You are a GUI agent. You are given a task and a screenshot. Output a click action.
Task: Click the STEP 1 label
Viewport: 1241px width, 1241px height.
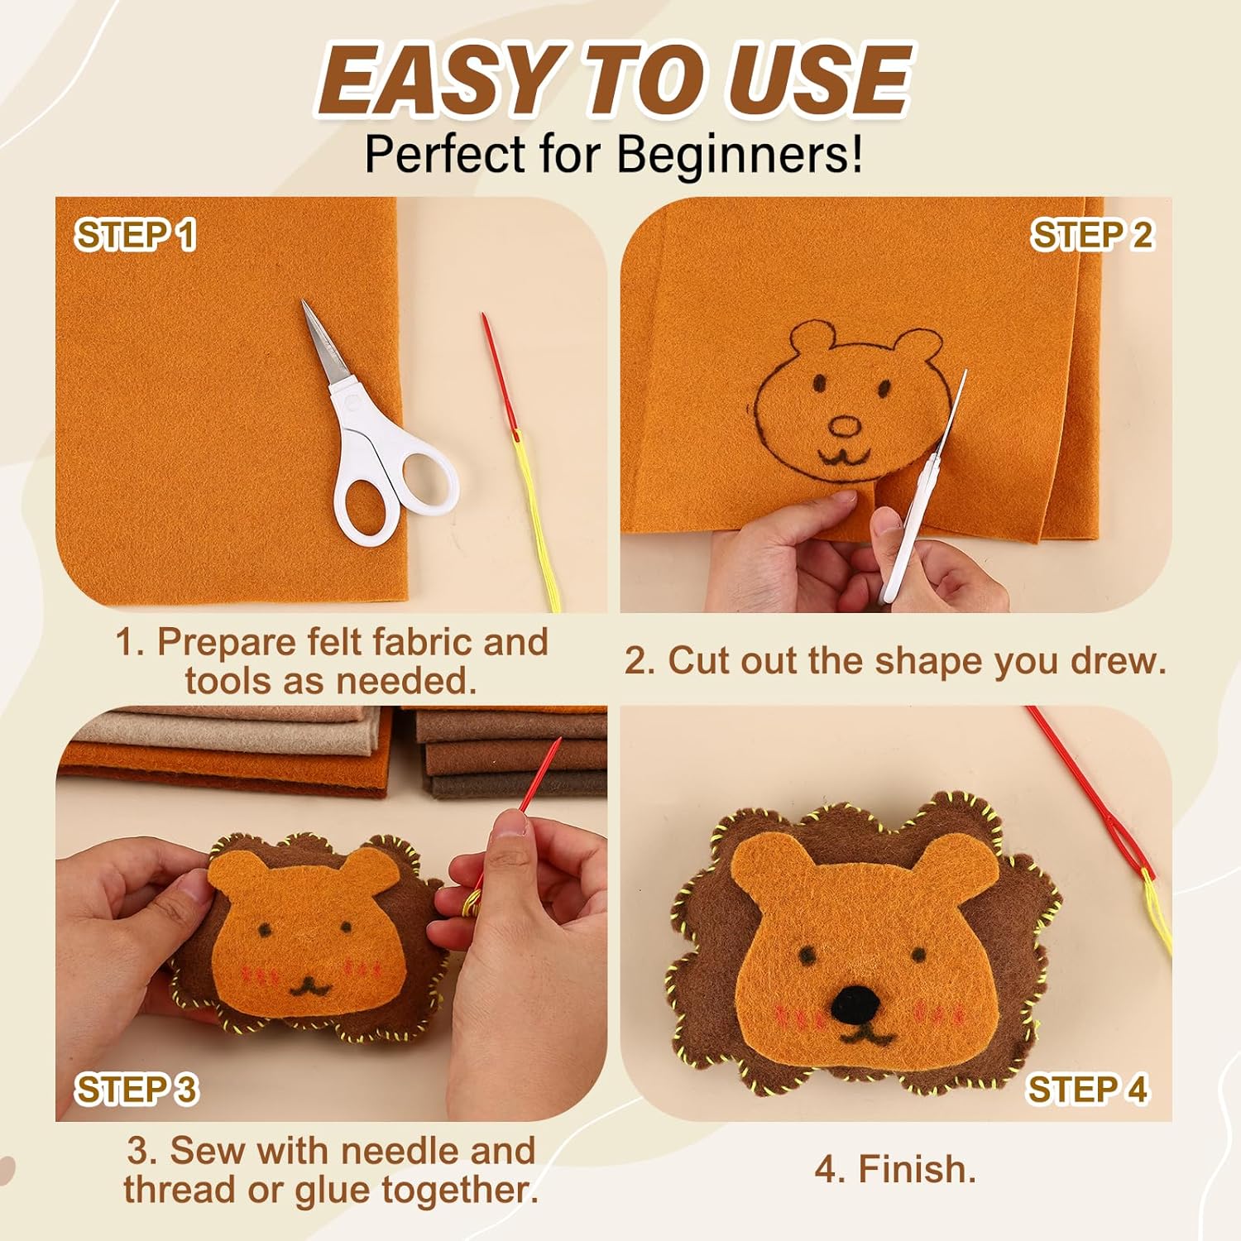click(x=136, y=235)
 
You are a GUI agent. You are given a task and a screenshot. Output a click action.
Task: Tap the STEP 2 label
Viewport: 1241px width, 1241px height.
click(x=1092, y=235)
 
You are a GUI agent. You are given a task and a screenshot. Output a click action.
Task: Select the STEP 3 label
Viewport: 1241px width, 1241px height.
click(x=137, y=1089)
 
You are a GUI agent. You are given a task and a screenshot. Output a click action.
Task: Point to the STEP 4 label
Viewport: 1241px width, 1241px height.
click(x=1088, y=1089)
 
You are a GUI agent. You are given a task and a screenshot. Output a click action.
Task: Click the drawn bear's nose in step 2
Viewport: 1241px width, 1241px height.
click(x=846, y=427)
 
